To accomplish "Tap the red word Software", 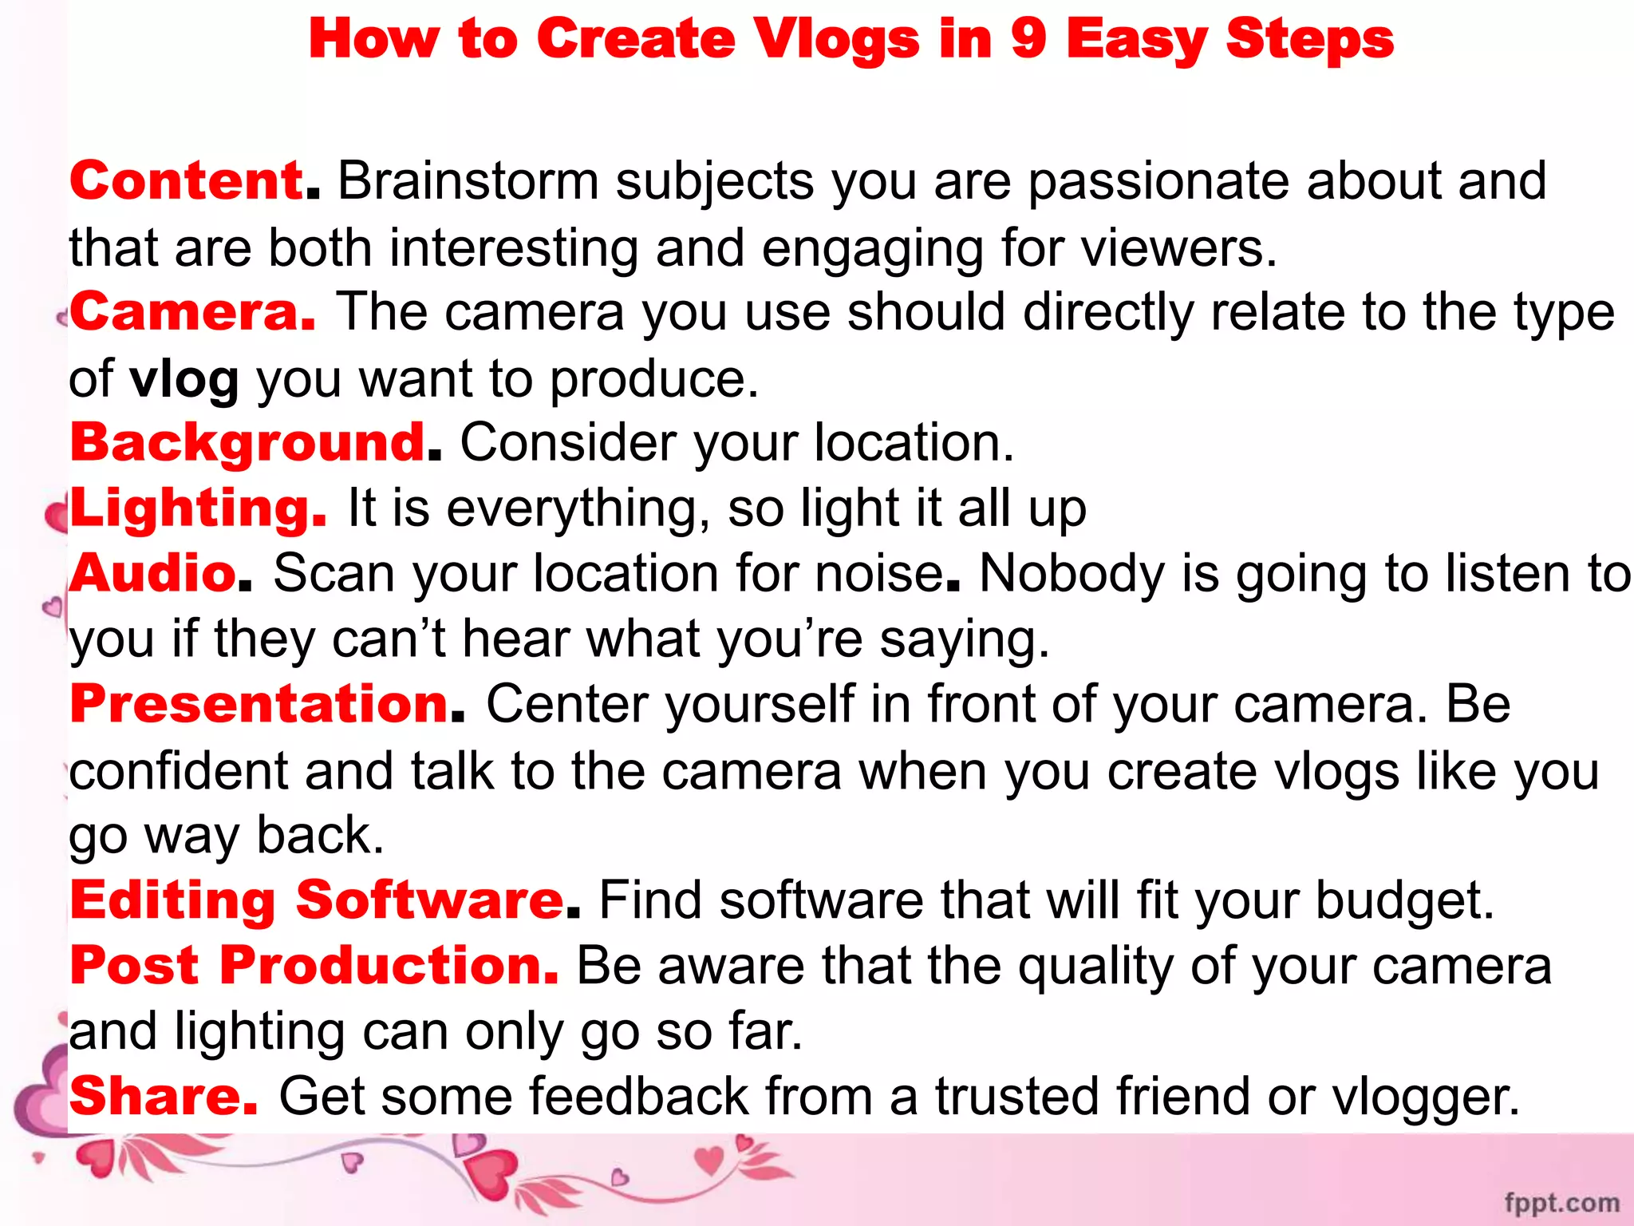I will (430, 900).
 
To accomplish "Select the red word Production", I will (389, 966).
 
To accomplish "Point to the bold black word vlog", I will (184, 379).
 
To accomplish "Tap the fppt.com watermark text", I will (1561, 1203).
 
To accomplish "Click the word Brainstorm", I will (468, 180).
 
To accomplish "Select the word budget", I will (1403, 900).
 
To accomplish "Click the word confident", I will (178, 771).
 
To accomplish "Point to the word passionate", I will (1158, 182).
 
